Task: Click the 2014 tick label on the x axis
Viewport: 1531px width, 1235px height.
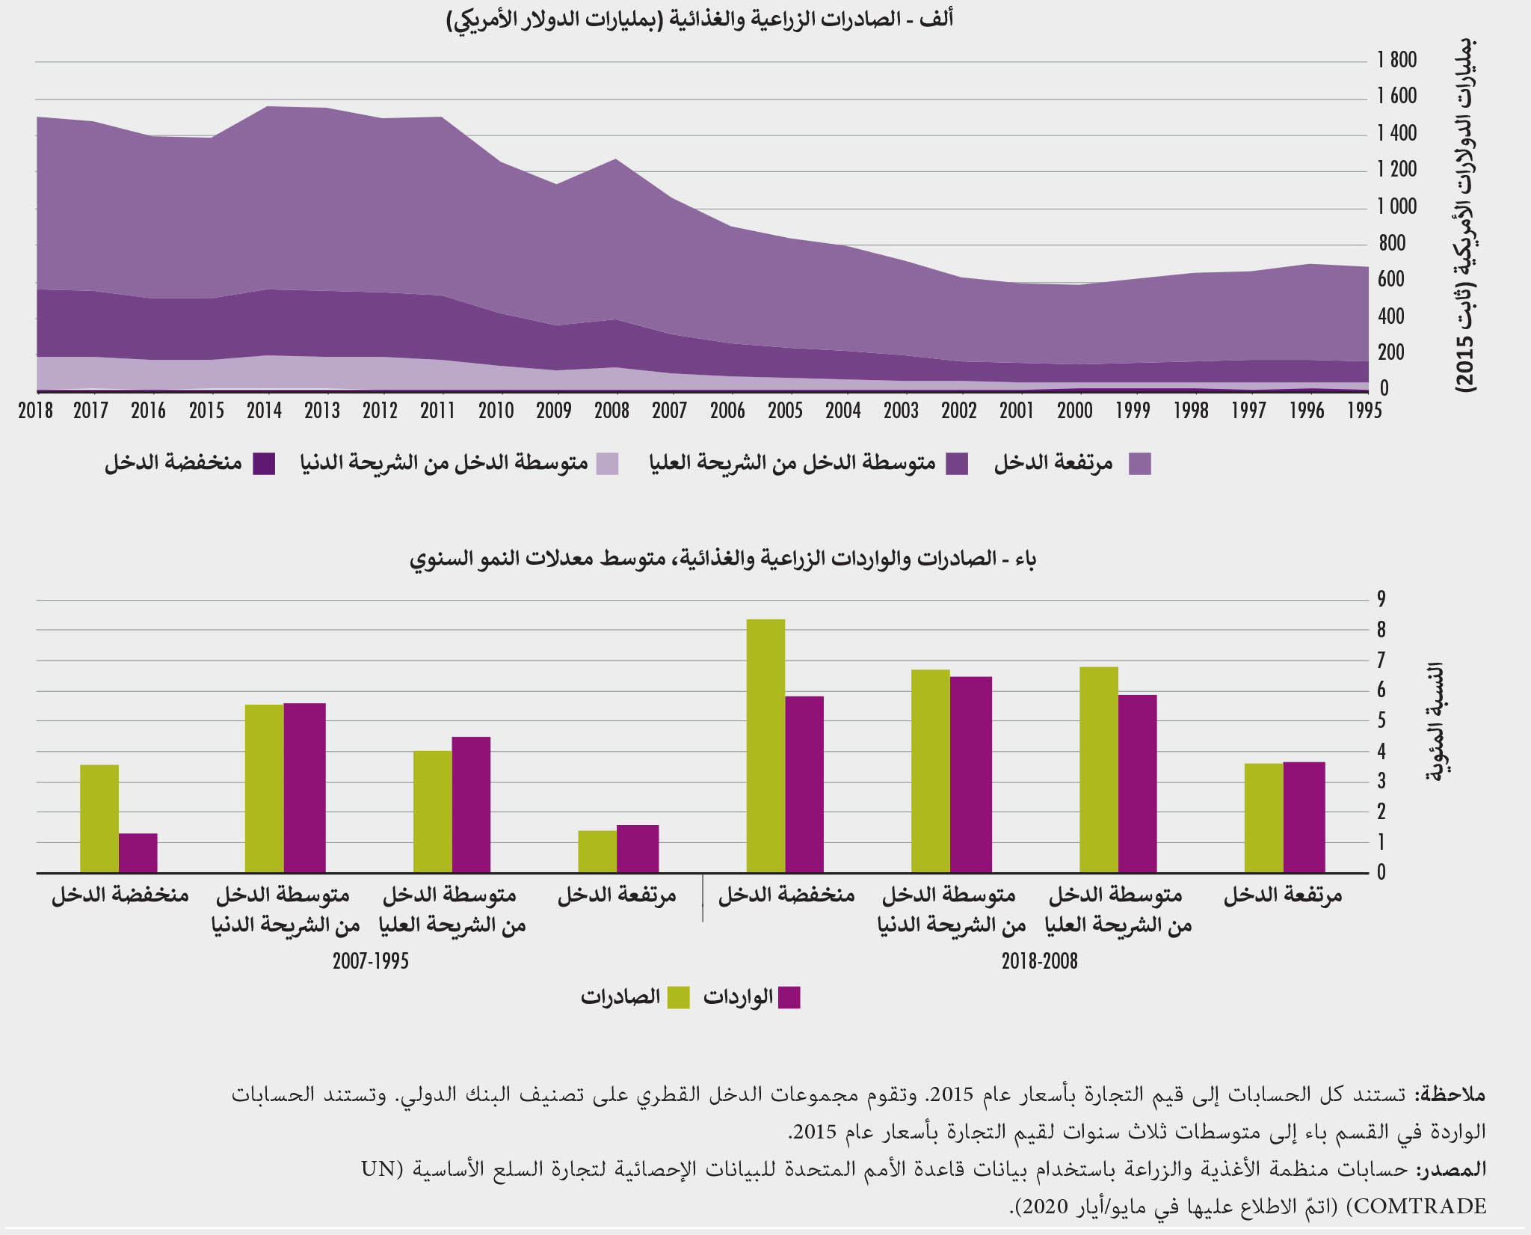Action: tap(265, 410)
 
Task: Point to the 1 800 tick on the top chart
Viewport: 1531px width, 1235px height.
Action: tap(1396, 60)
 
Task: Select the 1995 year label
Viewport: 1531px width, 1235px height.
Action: tap(1364, 410)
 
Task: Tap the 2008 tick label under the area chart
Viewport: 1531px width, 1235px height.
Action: tap(612, 410)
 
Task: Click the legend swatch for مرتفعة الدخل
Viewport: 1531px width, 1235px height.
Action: tap(1139, 464)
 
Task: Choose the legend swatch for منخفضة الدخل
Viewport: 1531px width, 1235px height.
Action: tap(264, 464)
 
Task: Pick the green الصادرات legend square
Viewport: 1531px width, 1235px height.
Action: tap(678, 998)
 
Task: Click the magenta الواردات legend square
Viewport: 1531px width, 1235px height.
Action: tap(789, 998)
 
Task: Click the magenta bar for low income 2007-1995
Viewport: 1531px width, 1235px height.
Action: tap(138, 853)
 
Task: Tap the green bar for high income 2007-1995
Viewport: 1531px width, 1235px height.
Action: tap(597, 851)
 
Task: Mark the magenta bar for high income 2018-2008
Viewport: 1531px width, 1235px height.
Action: tap(1304, 817)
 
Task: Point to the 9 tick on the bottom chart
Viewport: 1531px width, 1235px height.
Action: tap(1381, 598)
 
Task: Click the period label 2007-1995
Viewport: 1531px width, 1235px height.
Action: tap(371, 961)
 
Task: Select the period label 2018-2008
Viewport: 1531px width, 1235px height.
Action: tap(1039, 961)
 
